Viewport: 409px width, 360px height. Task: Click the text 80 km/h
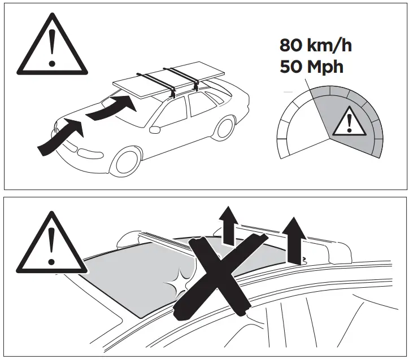(315, 45)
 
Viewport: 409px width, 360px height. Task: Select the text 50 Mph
(311, 67)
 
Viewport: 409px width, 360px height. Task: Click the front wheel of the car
(125, 161)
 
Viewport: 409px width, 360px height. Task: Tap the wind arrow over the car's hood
(108, 107)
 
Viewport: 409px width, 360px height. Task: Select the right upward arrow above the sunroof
(293, 240)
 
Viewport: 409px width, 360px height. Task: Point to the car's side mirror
(154, 129)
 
